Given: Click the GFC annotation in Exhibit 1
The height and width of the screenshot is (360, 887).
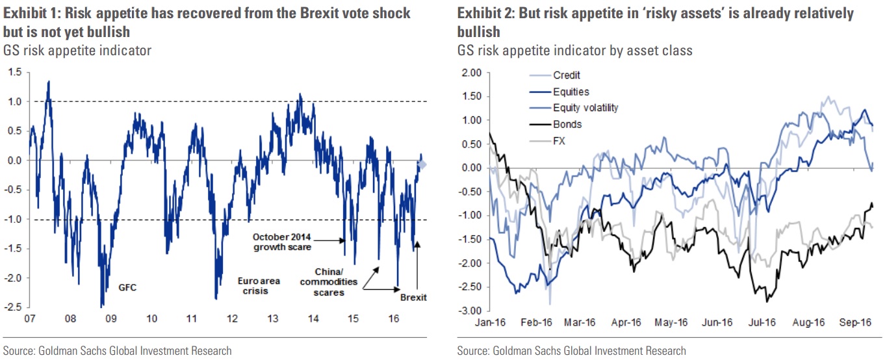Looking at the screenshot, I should [127, 287].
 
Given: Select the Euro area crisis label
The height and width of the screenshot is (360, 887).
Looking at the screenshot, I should [253, 287].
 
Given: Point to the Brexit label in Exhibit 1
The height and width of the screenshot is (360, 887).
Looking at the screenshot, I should [413, 298].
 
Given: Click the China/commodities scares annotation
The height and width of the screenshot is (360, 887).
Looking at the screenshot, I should [336, 282].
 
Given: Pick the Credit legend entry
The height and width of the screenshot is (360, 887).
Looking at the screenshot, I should [567, 75].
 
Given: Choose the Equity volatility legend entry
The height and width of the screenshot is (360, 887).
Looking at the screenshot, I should [585, 108].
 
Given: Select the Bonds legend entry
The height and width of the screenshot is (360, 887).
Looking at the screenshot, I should [567, 124].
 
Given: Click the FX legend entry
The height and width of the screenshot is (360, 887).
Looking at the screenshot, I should [560, 140].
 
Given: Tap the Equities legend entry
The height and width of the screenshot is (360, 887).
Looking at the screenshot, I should [571, 92].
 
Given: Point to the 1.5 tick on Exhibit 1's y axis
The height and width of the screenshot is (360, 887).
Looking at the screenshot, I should [14, 72].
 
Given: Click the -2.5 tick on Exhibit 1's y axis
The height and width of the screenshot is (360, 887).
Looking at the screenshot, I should [12, 307].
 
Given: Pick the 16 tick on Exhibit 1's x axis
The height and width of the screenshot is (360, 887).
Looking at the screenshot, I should [392, 319].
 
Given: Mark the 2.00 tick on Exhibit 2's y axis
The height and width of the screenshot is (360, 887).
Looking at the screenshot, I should [470, 73].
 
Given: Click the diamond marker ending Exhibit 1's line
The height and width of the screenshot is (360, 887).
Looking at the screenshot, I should [422, 165].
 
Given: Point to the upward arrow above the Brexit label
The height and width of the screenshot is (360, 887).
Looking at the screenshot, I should [417, 266].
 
